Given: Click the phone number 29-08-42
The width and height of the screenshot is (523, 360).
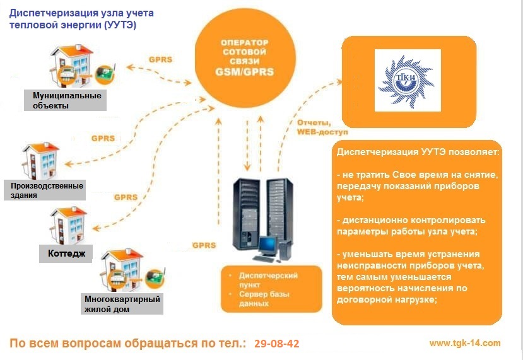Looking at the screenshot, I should pos(277,344).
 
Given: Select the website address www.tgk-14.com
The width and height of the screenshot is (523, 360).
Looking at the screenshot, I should pos(464,343).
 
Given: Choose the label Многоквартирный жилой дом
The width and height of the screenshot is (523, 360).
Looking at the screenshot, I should pos(122,303).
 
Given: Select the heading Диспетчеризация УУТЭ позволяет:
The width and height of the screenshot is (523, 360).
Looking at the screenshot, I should pos(418,153).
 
